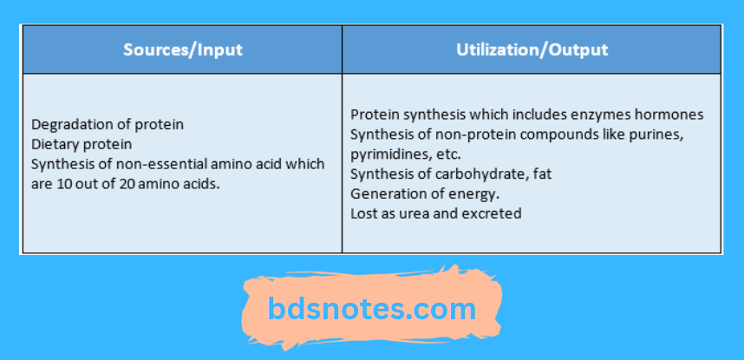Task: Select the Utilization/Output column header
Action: pyautogui.click(x=532, y=49)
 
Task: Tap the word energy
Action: pyautogui.click(x=477, y=193)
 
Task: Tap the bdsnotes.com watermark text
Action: pyautogui.click(x=372, y=309)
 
